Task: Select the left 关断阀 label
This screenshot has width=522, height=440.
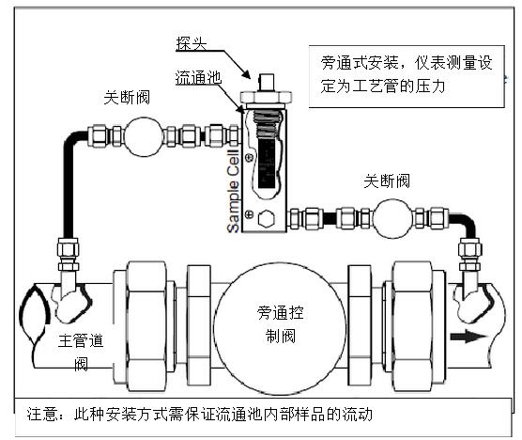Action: [132, 98]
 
